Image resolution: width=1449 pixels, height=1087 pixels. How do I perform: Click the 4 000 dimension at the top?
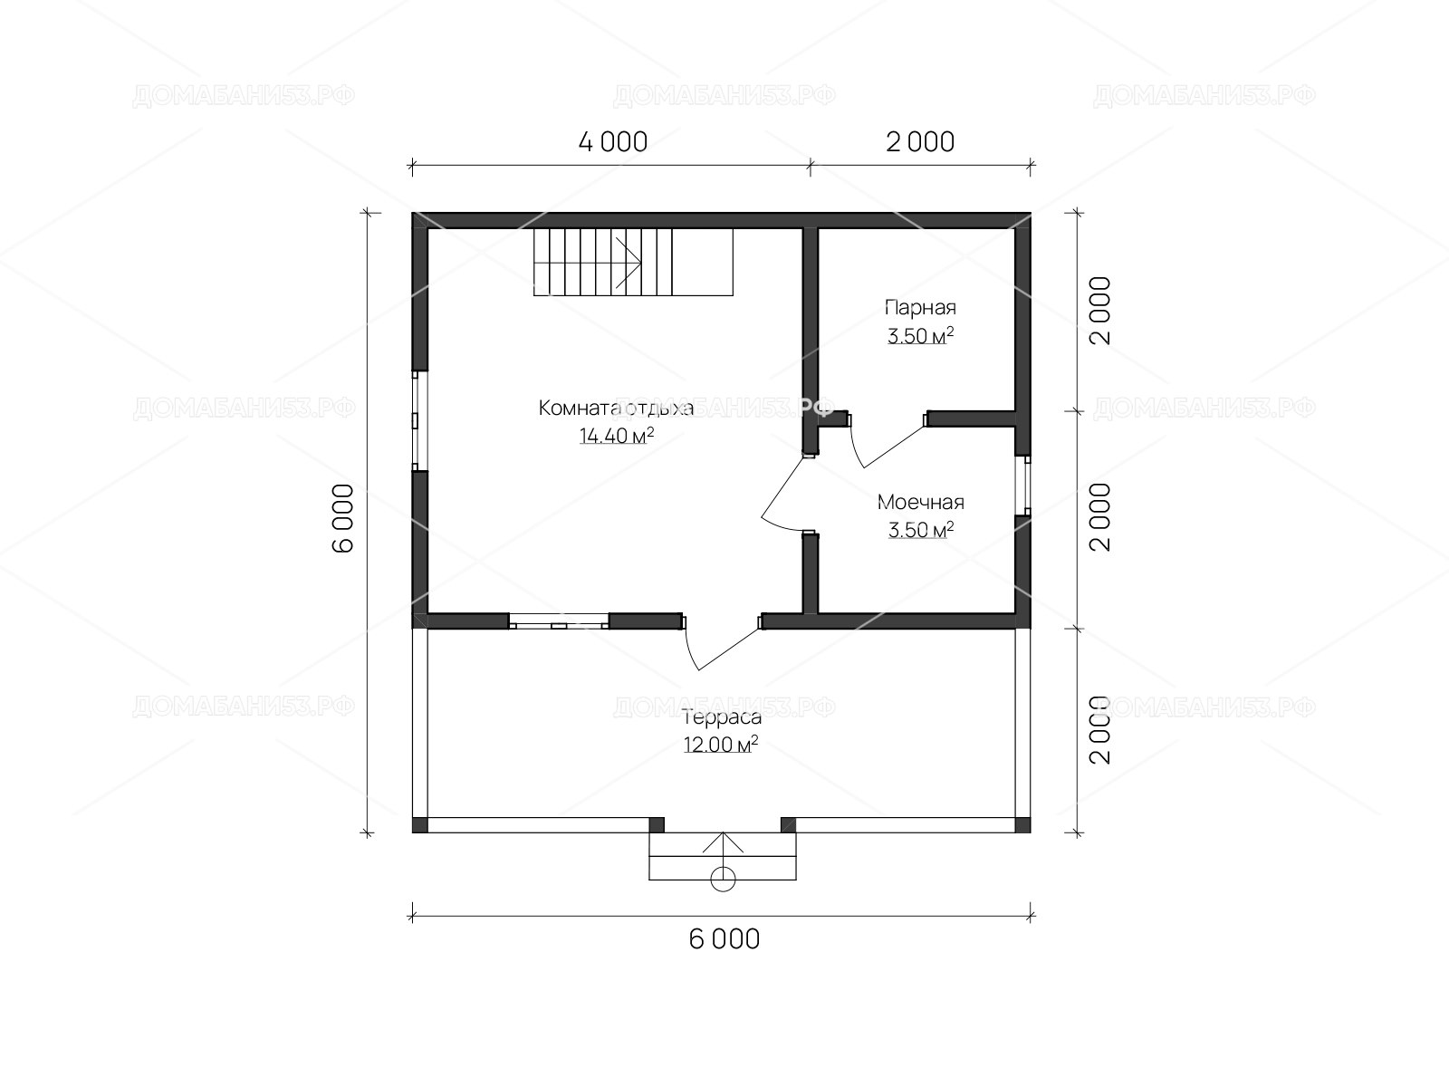click(612, 142)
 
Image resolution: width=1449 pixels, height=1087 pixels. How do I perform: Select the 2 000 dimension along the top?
click(919, 142)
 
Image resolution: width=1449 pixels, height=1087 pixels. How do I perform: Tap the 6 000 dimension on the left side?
click(343, 518)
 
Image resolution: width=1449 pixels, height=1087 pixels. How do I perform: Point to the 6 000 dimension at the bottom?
click(724, 939)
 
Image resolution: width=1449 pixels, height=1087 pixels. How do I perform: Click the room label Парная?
click(920, 308)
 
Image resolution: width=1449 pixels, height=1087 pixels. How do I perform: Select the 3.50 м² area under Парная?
click(920, 335)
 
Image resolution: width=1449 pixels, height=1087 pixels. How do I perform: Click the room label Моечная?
click(920, 502)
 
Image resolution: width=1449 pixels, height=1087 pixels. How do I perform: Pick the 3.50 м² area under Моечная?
click(920, 529)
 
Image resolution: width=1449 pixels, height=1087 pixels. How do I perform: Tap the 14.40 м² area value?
click(617, 435)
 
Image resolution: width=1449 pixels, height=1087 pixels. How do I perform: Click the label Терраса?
click(722, 717)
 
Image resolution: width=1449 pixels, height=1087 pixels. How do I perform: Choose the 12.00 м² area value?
click(720, 745)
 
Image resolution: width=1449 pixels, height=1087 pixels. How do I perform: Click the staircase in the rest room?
click(633, 262)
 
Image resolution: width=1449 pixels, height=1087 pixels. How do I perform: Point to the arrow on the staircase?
click(628, 263)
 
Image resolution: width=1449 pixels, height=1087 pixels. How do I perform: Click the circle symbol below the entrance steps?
click(723, 880)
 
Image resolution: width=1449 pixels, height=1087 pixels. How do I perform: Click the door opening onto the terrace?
click(721, 643)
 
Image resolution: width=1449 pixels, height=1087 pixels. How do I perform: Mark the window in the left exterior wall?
click(415, 421)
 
